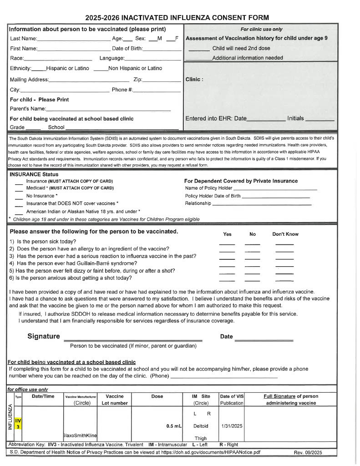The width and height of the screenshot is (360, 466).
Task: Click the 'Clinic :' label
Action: click(194, 79)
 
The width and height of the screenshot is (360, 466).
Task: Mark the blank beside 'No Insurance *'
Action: click(19, 197)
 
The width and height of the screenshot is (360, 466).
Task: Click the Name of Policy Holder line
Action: click(275, 189)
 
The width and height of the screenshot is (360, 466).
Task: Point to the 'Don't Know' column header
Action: click(285, 234)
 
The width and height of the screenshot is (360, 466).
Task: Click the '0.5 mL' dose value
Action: click(174, 426)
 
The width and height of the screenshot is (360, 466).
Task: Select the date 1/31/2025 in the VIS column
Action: click(231, 426)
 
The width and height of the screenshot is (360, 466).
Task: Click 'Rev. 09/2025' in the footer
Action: click(312, 452)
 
